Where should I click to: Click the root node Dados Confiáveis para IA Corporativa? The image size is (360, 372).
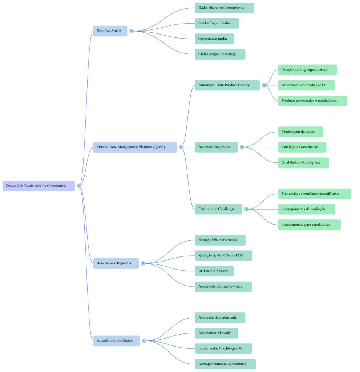click(39, 186)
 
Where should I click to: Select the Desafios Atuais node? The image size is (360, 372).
click(110, 31)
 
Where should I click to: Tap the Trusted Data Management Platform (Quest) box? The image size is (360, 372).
click(134, 147)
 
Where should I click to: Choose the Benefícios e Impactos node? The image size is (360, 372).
click(116, 263)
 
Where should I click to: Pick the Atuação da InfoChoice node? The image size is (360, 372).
click(116, 341)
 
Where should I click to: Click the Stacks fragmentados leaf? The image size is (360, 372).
click(217, 23)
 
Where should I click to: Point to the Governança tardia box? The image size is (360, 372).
click(214, 39)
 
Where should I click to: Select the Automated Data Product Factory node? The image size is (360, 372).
click(227, 85)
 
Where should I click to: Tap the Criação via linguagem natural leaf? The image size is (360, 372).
click(307, 70)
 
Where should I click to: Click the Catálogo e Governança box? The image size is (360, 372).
click(302, 147)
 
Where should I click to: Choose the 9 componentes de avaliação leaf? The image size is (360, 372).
click(306, 209)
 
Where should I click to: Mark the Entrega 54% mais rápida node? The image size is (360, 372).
click(220, 240)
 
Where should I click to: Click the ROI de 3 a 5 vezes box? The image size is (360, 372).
click(214, 271)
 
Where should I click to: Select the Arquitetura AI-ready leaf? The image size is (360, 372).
click(216, 333)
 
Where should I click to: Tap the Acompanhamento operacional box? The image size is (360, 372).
click(225, 364)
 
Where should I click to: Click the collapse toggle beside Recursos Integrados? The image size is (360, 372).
click(242, 147)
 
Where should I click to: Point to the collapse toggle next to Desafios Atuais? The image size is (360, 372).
click(132, 31)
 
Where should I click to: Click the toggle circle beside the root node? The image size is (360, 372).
click(79, 186)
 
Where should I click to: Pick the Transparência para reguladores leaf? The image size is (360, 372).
click(309, 225)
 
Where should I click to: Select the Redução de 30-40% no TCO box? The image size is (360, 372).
click(223, 256)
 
